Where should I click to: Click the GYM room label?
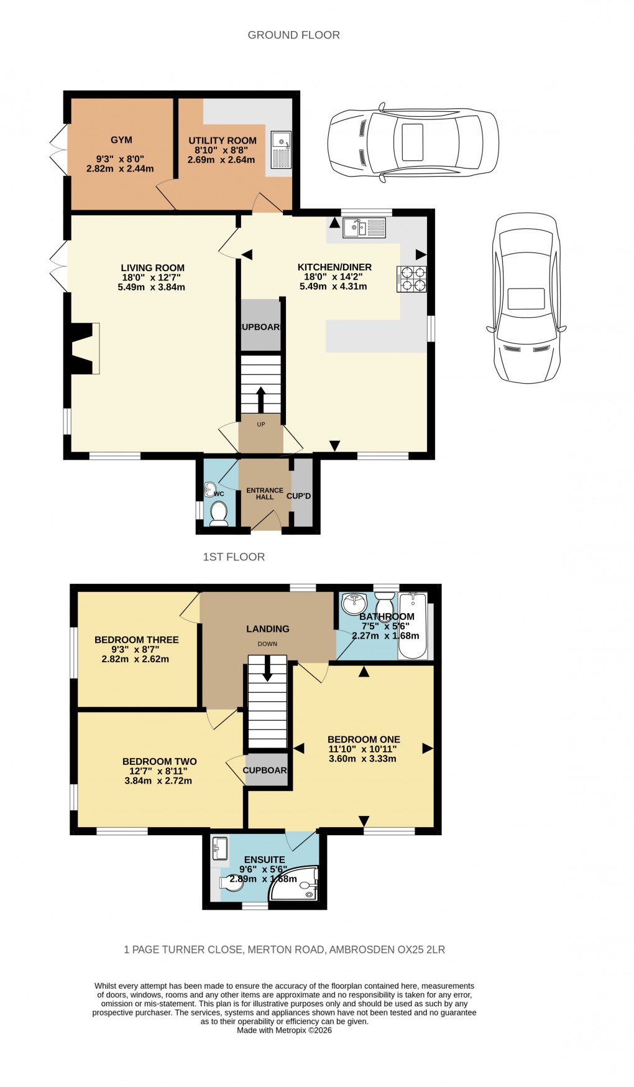tap(121, 140)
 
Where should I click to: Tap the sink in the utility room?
tap(281, 150)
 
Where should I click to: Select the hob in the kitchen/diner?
tap(411, 279)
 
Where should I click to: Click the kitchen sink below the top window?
tap(365, 228)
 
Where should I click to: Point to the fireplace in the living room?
tap(85, 348)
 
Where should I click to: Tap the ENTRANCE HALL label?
tap(265, 494)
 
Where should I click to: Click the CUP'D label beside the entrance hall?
tap(299, 496)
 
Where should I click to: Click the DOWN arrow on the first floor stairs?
tap(268, 668)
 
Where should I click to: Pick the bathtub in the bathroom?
tap(412, 626)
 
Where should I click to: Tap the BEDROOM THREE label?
tap(137, 639)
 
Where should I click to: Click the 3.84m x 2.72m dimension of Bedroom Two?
tap(158, 780)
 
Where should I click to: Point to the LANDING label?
tap(268, 629)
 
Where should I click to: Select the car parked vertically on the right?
tap(526, 298)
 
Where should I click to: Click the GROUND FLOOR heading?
tap(293, 35)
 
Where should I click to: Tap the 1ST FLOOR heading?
tap(234, 557)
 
